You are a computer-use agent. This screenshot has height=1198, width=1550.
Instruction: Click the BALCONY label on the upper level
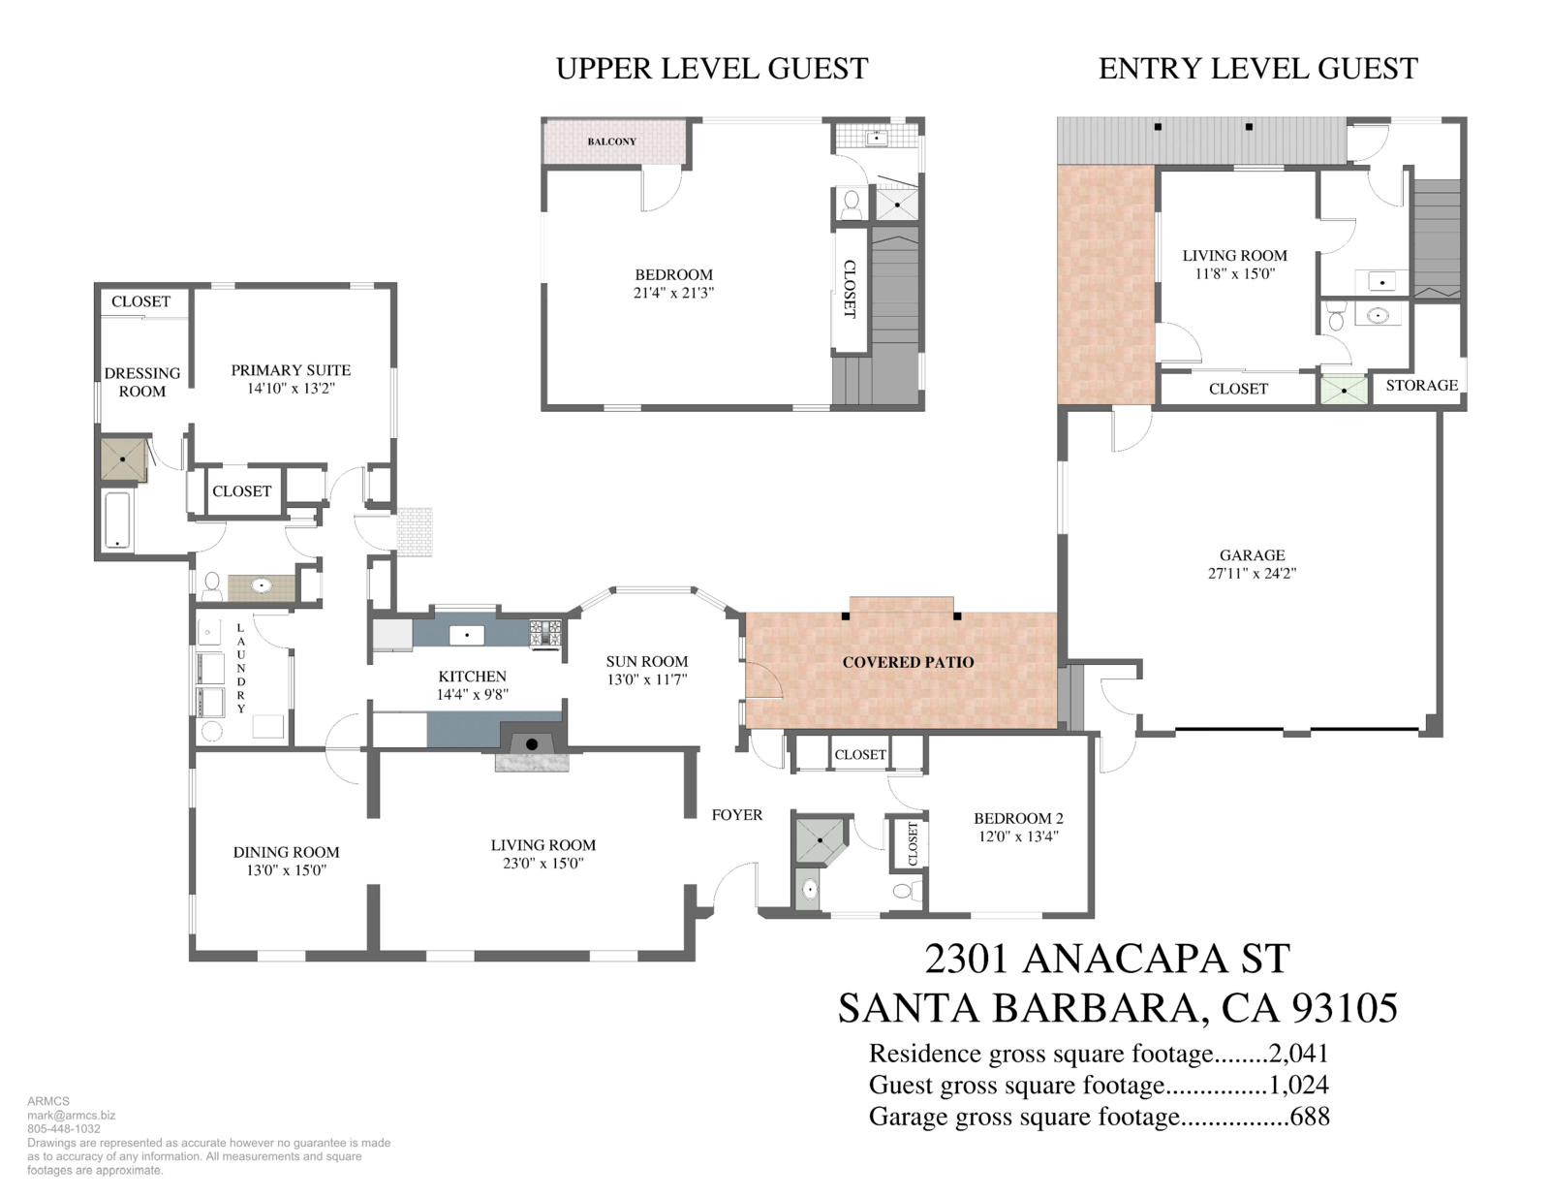pos(611,142)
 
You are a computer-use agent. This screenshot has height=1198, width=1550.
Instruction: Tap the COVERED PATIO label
pos(908,662)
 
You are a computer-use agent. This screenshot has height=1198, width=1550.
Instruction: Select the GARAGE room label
pos(1252,555)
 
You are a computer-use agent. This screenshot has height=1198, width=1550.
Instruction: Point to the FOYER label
pos(737,815)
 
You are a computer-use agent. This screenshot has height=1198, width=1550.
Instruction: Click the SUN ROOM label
pos(647,661)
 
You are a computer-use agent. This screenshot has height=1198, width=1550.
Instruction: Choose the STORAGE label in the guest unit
pos(1421,386)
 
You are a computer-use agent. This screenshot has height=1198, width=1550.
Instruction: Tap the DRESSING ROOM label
pos(142,383)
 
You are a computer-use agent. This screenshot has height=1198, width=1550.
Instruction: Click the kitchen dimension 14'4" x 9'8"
pos(472,694)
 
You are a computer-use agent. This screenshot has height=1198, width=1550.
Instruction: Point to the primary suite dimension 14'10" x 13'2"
pos(291,389)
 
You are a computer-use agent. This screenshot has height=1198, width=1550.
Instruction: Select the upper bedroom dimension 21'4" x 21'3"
pos(673,293)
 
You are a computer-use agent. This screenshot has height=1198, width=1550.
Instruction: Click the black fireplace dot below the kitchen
pos(532,745)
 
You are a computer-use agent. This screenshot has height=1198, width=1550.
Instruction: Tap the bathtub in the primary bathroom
pos(117,520)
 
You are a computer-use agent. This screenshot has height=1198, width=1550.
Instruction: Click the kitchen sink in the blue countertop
pos(467,634)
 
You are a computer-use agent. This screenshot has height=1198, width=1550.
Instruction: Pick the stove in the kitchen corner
pos(545,634)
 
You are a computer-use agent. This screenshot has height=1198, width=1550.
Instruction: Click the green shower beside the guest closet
pos(1344,391)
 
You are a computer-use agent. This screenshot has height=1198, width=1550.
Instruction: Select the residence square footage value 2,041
pos(1299,1054)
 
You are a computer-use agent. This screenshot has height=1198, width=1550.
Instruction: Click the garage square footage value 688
pos(1310,1116)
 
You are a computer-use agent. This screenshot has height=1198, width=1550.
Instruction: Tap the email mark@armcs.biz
pos(72,1116)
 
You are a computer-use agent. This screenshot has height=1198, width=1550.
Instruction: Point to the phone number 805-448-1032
pos(64,1129)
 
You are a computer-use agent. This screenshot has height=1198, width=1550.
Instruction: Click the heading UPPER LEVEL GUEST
pos(712,69)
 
